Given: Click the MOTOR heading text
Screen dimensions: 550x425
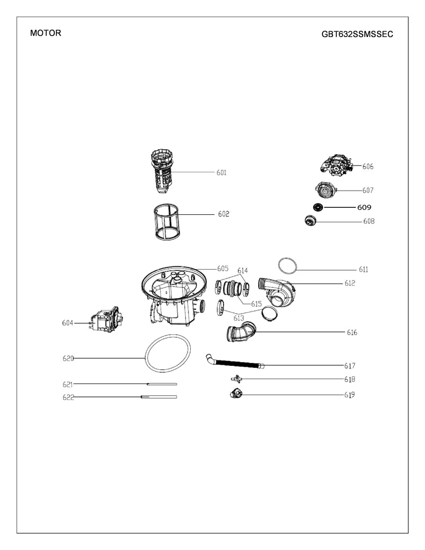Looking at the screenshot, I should [46, 33].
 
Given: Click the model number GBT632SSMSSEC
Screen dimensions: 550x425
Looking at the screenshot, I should [357, 34].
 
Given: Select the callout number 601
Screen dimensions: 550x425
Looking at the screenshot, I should [221, 173].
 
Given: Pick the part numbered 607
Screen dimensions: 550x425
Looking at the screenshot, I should [324, 190].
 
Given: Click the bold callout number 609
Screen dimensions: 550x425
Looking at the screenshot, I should [364, 207].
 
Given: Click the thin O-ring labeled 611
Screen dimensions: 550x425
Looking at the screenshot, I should [288, 265].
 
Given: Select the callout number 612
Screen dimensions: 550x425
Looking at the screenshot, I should [350, 283].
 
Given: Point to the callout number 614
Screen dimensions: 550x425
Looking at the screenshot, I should [242, 270].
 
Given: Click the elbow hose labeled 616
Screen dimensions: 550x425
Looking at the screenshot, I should [240, 332].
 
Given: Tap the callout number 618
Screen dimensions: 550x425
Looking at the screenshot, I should [349, 379].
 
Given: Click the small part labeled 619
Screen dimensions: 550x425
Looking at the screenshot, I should [235, 394].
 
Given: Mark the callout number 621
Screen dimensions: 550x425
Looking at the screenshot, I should [67, 384].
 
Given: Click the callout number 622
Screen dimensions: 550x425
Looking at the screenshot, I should [67, 397].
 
